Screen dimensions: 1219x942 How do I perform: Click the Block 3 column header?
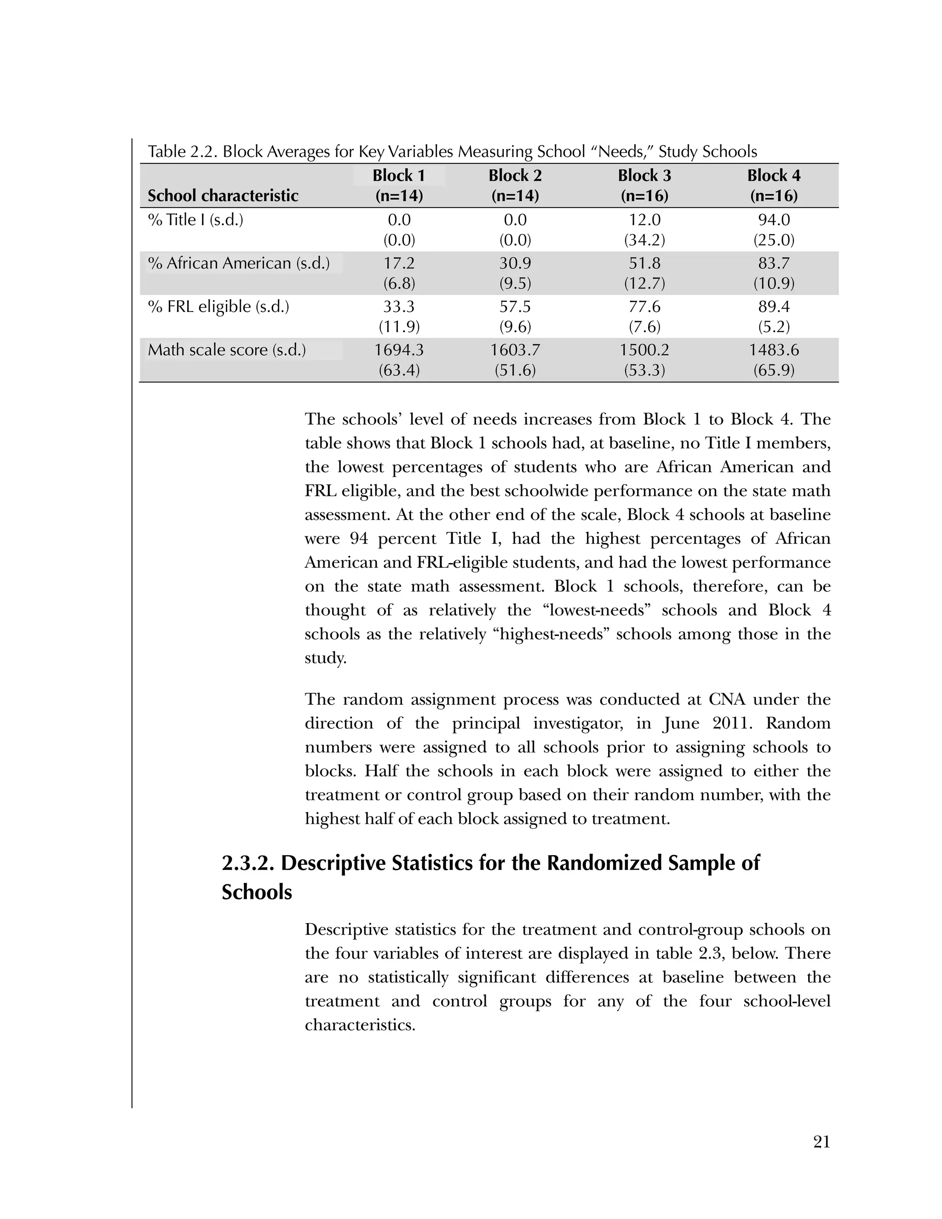(644, 185)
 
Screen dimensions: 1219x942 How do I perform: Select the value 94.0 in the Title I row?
(774, 219)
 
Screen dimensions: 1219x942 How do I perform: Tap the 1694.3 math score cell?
(398, 350)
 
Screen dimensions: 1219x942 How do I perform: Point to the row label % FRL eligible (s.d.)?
(218, 306)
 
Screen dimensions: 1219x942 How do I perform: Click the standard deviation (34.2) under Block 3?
(644, 240)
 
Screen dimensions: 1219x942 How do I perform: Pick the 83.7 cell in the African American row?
(774, 263)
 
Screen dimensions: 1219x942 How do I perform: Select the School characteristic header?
(223, 195)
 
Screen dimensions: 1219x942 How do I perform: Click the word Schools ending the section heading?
(257, 892)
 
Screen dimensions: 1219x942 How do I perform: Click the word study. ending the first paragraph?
(325, 658)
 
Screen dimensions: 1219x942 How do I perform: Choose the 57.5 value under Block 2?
(515, 306)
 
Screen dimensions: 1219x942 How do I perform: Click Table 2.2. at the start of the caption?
(183, 152)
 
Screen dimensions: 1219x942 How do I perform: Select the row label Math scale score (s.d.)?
(227, 350)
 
